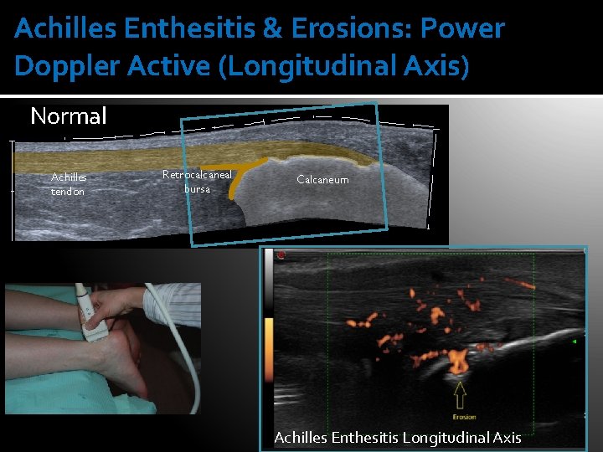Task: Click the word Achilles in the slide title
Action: point(65,29)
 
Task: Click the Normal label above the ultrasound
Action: point(69,116)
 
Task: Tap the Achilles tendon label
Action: point(69,184)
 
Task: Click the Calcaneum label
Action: point(322,180)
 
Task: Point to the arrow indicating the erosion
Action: point(459,392)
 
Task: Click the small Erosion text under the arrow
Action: point(463,416)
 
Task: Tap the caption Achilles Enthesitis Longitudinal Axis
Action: point(398,437)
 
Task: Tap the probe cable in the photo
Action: point(189,368)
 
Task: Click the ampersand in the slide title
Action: point(272,29)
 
